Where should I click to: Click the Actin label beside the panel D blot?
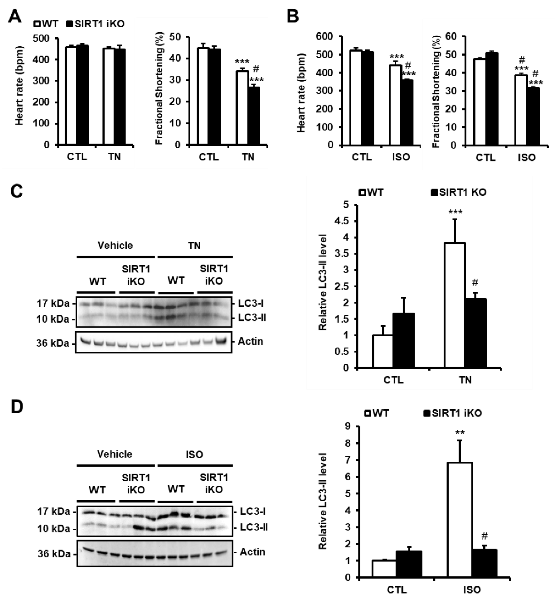pyautogui.click(x=252, y=552)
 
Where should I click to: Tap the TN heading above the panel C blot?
pyautogui.click(x=194, y=246)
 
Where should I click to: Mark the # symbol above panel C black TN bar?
pyautogui.click(x=475, y=282)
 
